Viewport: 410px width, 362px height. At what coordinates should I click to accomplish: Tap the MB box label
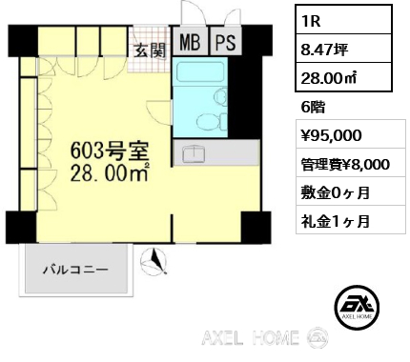(x=190, y=44)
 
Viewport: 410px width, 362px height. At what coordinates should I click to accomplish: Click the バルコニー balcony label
(x=74, y=270)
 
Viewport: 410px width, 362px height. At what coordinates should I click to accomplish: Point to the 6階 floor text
(x=313, y=108)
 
